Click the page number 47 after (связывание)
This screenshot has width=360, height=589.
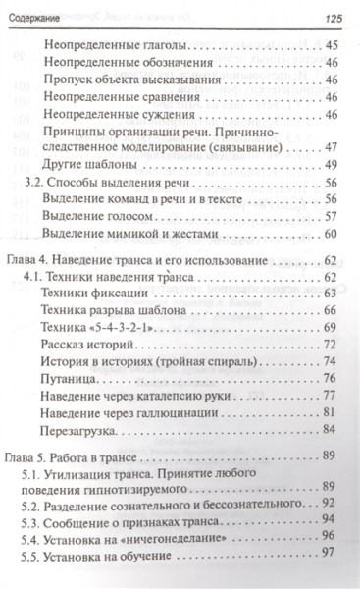(x=329, y=145)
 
